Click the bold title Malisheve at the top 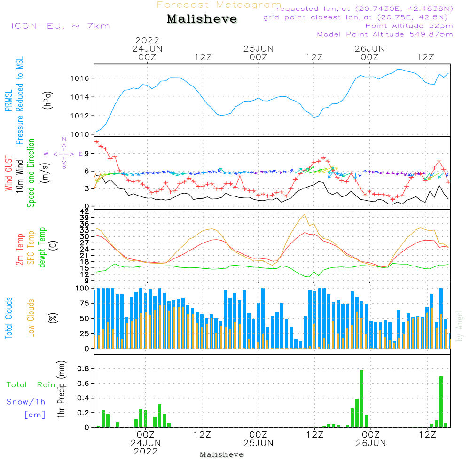202,19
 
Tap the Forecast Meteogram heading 219,5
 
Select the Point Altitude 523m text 409,26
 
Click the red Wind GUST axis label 8,174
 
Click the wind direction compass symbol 63,154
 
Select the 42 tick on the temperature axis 86,212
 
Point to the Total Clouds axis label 9,319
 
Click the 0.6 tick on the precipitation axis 83,383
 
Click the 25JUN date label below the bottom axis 258,443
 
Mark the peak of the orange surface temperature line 305,214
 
